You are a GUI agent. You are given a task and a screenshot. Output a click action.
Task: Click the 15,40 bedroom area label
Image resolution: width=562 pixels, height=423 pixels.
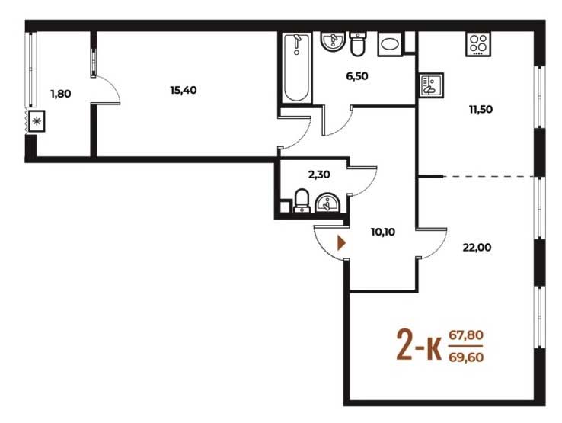(x=184, y=91)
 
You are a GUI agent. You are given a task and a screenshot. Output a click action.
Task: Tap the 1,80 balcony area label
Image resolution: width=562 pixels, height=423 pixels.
(x=61, y=94)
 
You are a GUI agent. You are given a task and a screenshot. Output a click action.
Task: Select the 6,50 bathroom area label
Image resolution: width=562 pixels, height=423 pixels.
(x=357, y=76)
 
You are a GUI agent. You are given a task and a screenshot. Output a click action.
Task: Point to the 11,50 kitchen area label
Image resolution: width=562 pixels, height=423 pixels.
(x=481, y=110)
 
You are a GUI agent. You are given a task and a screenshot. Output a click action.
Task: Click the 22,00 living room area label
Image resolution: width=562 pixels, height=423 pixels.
(x=477, y=248)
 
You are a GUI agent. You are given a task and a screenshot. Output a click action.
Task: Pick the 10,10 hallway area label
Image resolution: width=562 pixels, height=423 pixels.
(x=383, y=232)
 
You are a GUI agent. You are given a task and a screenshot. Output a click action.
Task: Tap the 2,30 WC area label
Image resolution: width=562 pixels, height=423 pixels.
(x=319, y=175)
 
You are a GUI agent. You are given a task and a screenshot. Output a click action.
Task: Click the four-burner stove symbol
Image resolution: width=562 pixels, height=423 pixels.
(x=478, y=44)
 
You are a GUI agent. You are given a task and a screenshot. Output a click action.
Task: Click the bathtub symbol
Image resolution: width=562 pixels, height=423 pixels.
(x=296, y=68)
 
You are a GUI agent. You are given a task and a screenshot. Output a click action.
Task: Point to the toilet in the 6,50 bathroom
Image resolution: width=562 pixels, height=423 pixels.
(x=357, y=44)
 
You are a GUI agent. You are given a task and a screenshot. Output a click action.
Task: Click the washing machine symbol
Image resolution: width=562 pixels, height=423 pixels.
(x=390, y=44)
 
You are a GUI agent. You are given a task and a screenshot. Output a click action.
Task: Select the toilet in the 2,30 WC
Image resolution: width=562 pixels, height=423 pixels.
(x=302, y=201)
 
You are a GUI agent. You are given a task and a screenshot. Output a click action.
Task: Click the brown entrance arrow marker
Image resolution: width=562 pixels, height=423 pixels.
(x=342, y=243)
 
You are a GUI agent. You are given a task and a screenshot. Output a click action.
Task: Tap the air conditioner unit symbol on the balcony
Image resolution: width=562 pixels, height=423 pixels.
(x=37, y=121)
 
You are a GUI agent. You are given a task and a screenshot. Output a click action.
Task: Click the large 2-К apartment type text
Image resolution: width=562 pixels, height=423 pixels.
(x=419, y=346)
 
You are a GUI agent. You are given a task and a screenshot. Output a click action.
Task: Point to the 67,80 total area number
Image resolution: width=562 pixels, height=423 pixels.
(x=466, y=335)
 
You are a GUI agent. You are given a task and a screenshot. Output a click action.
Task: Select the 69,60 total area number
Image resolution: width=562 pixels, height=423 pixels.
(x=466, y=357)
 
